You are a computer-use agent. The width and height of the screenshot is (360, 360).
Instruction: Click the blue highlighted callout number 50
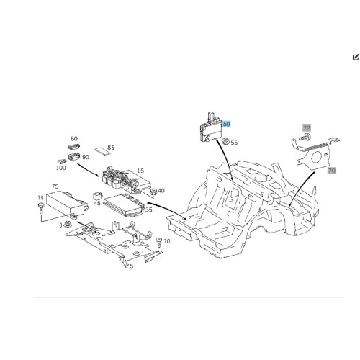point(226,124)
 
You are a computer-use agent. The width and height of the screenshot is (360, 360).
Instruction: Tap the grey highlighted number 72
point(307,127)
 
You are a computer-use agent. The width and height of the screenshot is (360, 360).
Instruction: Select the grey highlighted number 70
point(331,171)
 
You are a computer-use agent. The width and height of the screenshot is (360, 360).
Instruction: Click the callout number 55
point(234,143)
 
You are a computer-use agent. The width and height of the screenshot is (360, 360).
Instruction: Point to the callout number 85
point(111,148)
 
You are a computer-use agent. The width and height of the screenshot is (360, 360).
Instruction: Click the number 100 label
point(60,168)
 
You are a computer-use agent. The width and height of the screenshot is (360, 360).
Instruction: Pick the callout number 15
point(140,171)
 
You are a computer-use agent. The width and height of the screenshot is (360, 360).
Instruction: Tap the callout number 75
point(55,186)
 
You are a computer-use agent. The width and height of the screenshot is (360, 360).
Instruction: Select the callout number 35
point(149,210)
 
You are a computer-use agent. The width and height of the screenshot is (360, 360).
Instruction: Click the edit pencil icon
point(356,57)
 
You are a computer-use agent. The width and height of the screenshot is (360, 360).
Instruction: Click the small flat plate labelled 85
point(101,151)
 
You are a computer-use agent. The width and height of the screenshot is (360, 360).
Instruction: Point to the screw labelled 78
point(40,208)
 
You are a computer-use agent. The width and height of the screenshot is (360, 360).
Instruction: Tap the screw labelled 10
point(159,243)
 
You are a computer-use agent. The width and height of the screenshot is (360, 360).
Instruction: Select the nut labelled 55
point(225,141)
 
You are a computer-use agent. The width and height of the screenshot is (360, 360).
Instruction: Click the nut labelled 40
point(153,192)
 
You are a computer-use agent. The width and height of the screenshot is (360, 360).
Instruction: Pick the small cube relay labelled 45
point(97,196)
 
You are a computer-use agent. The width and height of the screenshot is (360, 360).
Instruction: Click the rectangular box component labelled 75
point(67,203)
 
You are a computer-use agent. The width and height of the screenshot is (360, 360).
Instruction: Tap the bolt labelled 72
point(305,138)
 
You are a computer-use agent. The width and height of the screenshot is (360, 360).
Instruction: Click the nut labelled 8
point(68,225)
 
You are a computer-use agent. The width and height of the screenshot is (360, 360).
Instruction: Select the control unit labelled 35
point(124,204)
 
